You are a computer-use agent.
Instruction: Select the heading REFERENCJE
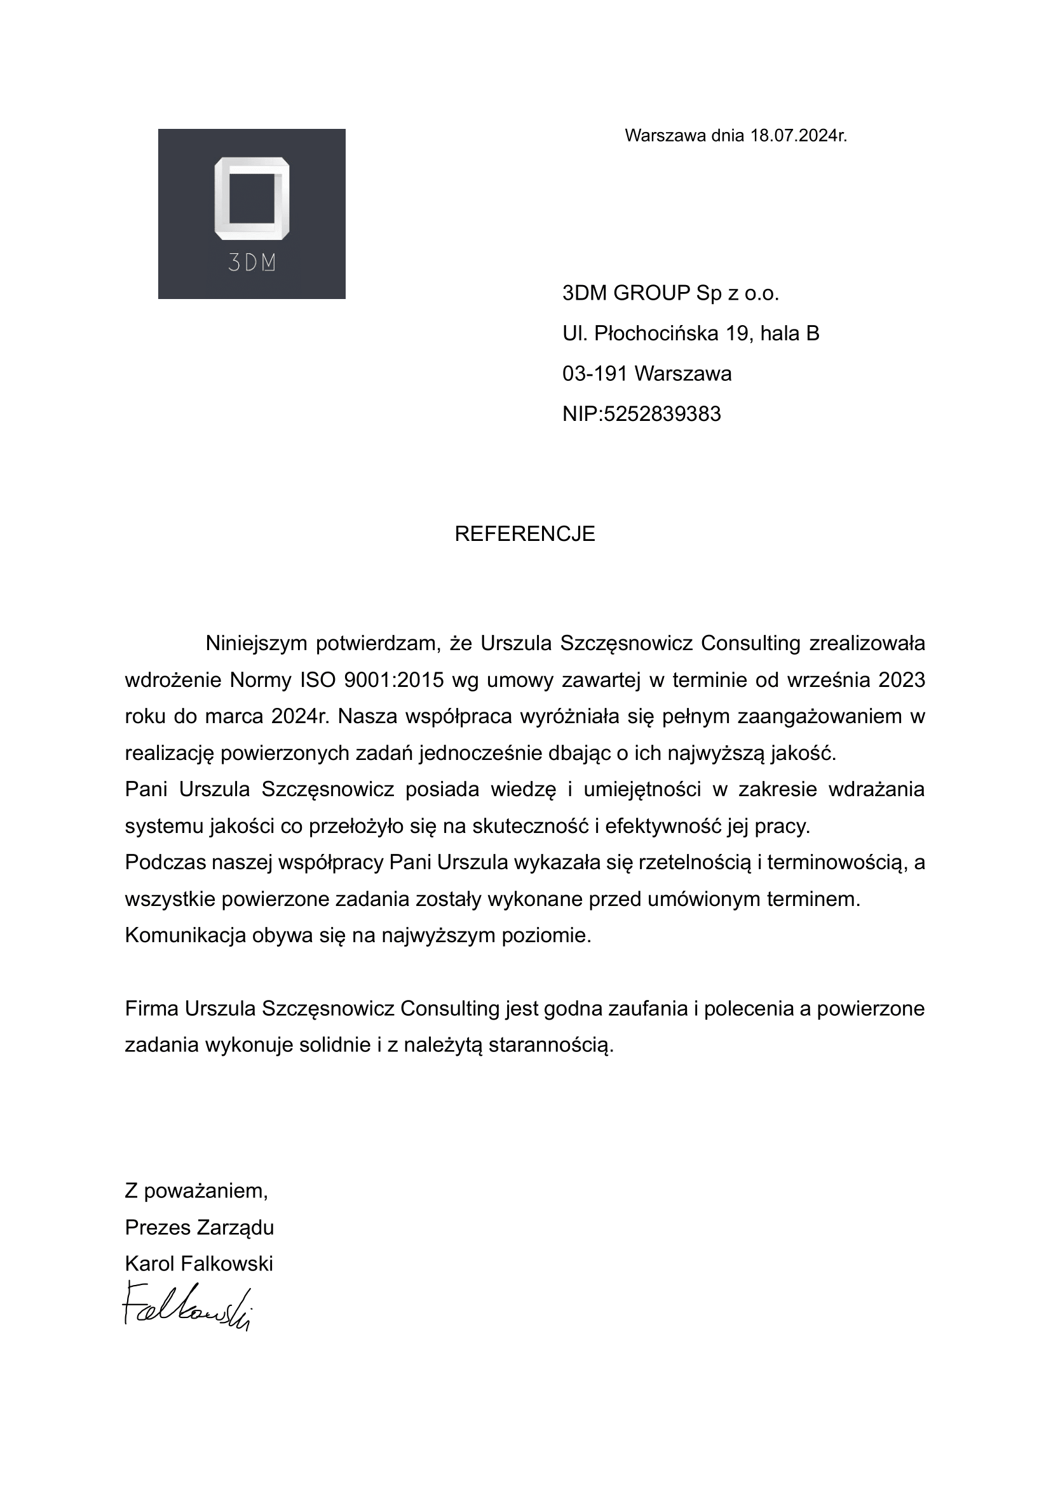point(525,533)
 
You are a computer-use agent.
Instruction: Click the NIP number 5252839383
point(661,414)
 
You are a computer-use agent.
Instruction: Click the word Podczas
point(165,862)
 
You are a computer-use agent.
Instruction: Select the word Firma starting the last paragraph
point(151,1008)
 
